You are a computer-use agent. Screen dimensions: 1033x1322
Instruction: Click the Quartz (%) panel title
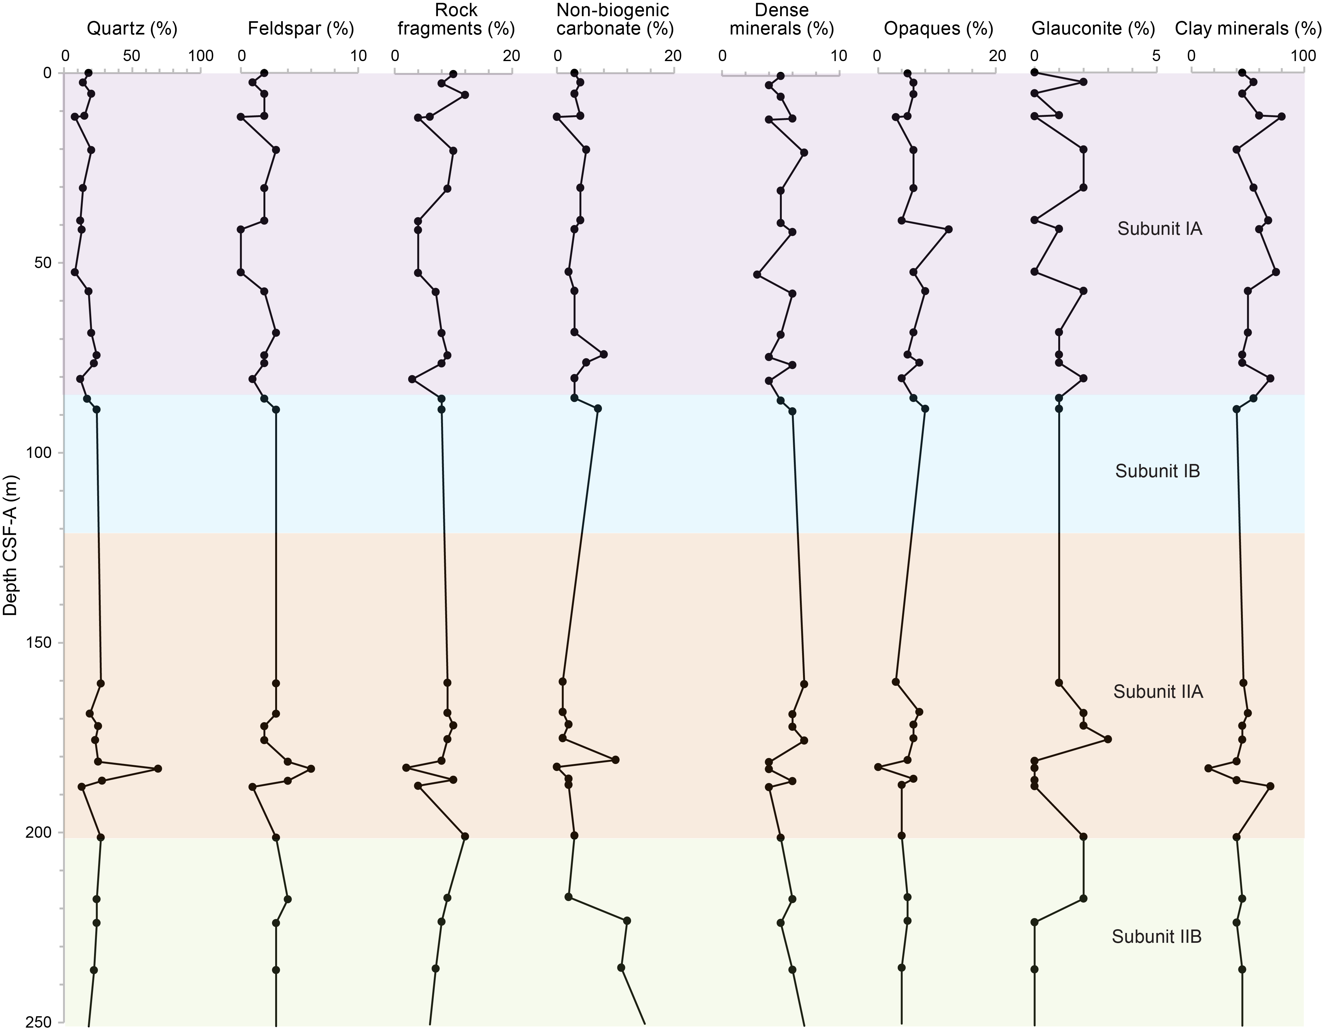pyautogui.click(x=132, y=28)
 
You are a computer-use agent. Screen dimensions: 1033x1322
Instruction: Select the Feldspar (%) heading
pyautogui.click(x=301, y=28)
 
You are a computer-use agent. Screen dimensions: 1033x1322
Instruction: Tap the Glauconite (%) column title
pyautogui.click(x=1093, y=28)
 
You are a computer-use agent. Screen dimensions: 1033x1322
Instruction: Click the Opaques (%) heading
pyautogui.click(x=938, y=28)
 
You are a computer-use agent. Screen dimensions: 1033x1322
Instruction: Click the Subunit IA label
pyautogui.click(x=1159, y=229)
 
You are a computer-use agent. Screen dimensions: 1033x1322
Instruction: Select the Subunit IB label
pyautogui.click(x=1157, y=471)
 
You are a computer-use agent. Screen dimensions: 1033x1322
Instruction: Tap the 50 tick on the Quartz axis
pyautogui.click(x=132, y=56)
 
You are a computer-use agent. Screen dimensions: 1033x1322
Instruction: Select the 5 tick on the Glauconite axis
pyautogui.click(x=1156, y=56)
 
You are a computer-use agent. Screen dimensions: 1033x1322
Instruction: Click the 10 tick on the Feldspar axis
pyautogui.click(x=358, y=56)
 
